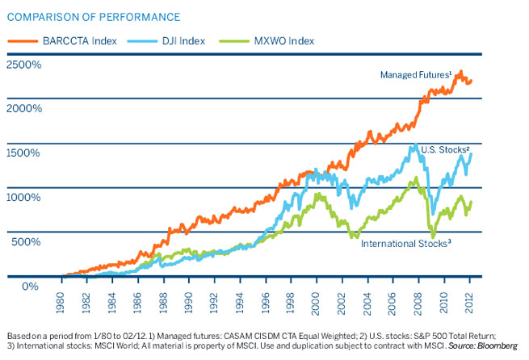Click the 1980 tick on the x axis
[61, 299]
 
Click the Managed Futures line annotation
[414, 75]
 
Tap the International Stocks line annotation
[404, 243]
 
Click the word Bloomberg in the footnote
[500, 344]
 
